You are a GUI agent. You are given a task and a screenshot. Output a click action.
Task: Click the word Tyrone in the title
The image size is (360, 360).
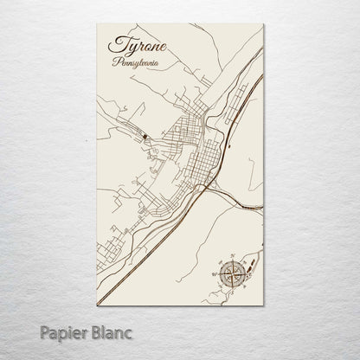pyautogui.click(x=135, y=45)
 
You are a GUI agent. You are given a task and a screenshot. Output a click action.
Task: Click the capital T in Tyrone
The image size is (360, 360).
pyautogui.click(x=113, y=45)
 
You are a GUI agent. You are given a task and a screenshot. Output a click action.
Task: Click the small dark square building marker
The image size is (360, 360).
pyautogui.click(x=145, y=136)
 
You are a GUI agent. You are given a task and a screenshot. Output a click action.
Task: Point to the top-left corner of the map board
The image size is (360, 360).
pyautogui.click(x=96, y=25)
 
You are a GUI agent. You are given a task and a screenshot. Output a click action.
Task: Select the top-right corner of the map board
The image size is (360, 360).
pyautogui.click(x=264, y=25)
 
